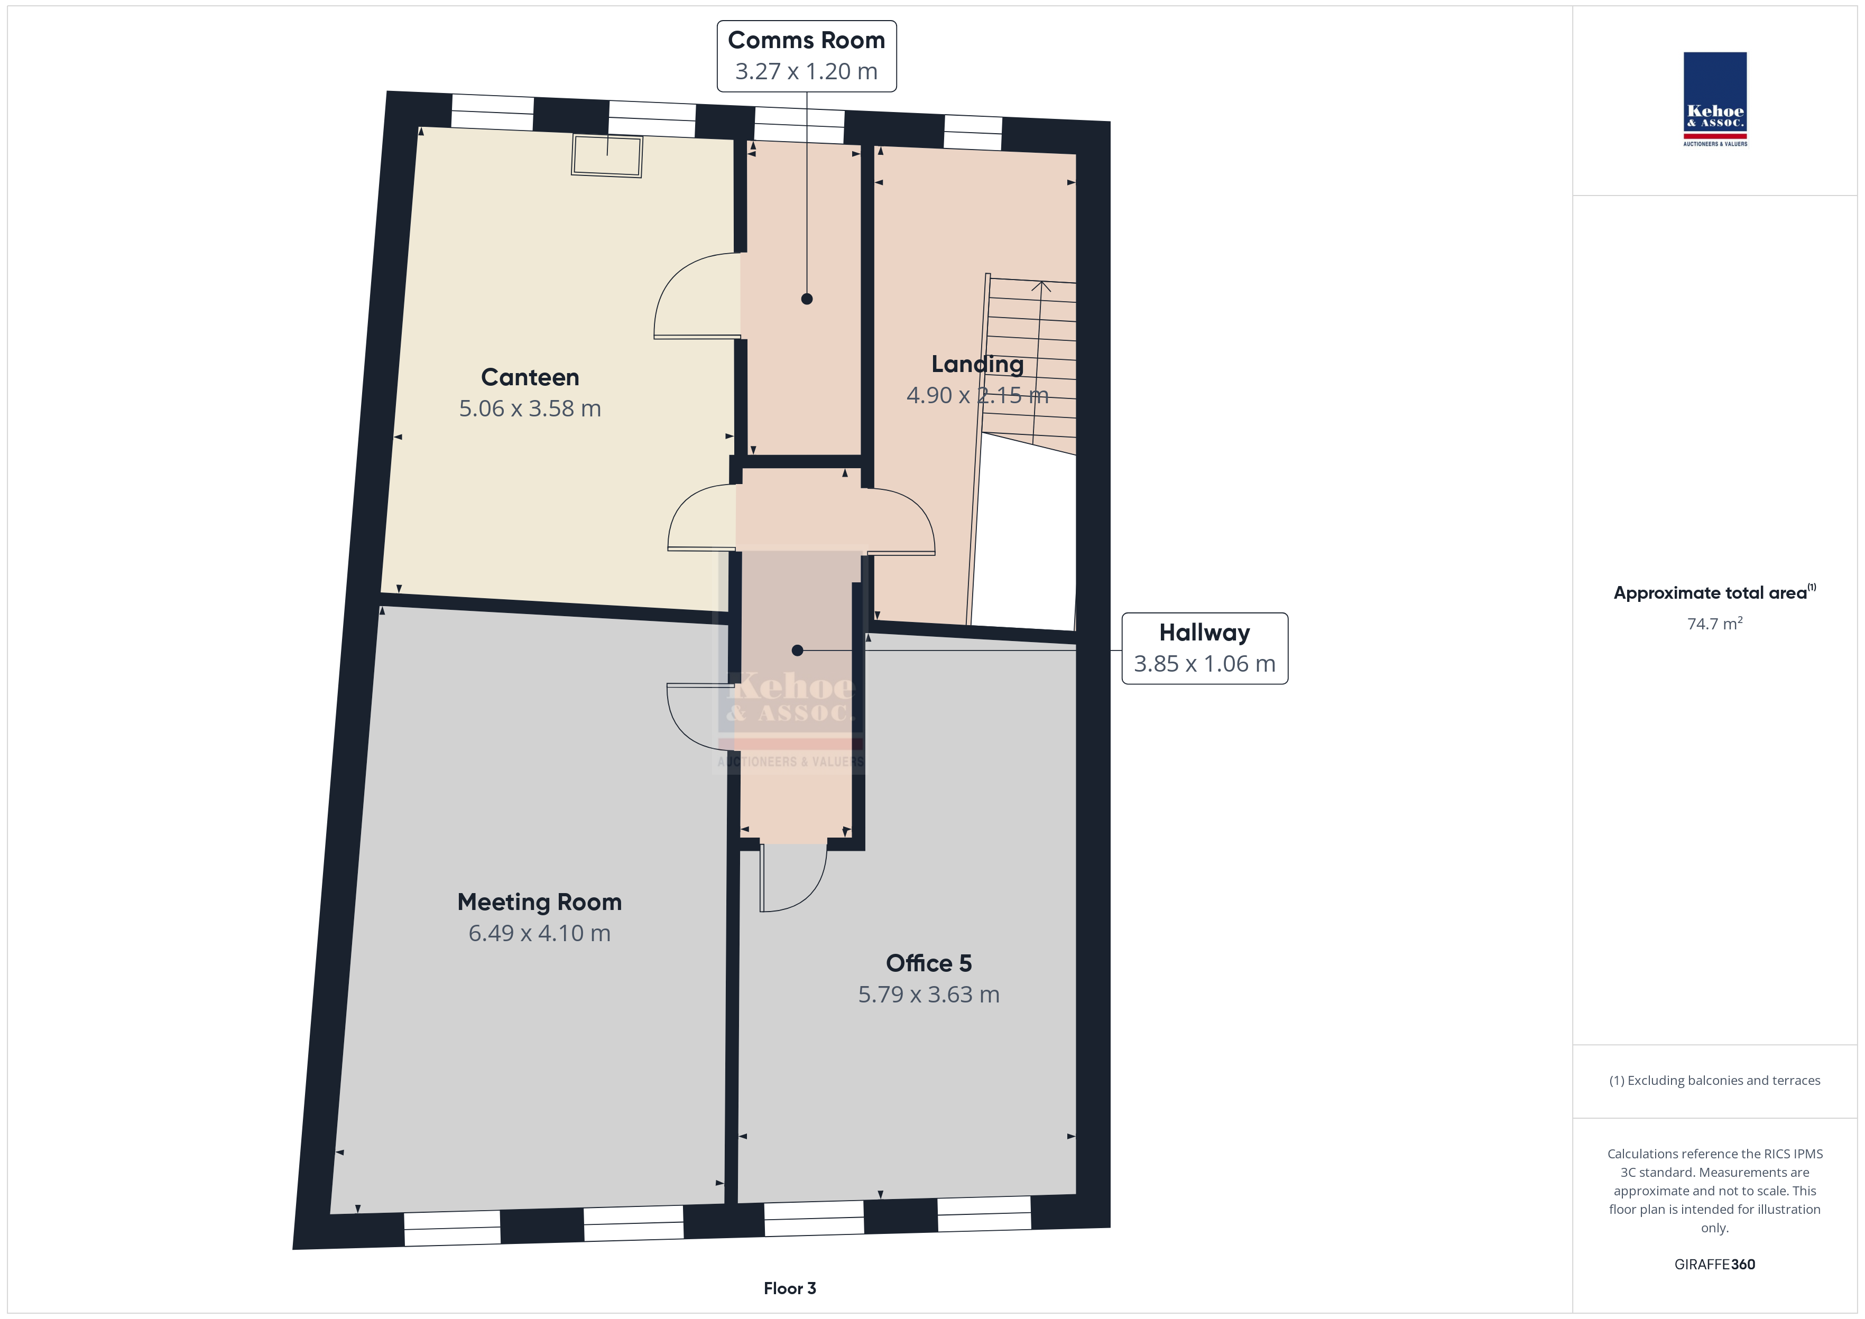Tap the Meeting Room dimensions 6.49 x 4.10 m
tap(539, 933)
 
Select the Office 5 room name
tap(928, 963)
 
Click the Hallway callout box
tap(1205, 648)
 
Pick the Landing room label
tap(977, 365)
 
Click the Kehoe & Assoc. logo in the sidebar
tap(1715, 99)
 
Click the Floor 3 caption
tap(790, 1288)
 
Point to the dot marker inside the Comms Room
tap(807, 299)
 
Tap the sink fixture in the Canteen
tap(607, 156)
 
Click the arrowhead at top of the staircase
tap(1041, 285)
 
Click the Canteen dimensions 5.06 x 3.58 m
tap(530, 408)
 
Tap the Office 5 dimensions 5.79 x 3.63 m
tap(928, 995)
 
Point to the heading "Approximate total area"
tap(1710, 593)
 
